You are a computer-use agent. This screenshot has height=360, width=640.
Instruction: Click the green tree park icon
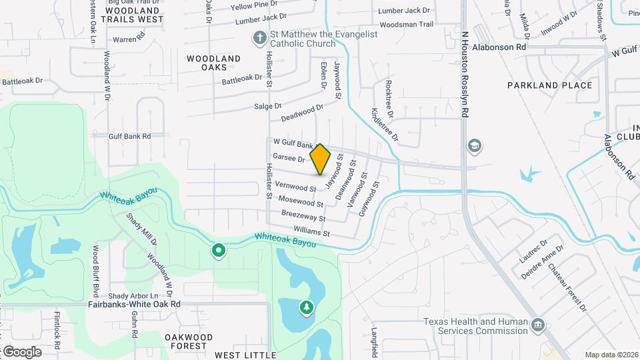(306, 307)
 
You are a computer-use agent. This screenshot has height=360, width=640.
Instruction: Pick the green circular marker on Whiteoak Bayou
(217, 251)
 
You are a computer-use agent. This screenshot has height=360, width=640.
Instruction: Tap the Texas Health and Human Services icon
(538, 326)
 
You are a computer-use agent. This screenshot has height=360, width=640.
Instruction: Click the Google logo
(21, 351)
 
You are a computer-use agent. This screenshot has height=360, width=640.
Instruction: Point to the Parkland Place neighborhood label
(549, 85)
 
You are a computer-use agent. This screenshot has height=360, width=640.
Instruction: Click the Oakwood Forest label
(189, 341)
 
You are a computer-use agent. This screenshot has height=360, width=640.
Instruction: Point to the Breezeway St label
(303, 217)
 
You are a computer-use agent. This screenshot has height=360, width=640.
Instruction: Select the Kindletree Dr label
(384, 124)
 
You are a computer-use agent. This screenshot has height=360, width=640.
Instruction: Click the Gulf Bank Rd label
(130, 136)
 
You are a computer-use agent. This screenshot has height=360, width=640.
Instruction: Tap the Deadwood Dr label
(301, 112)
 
